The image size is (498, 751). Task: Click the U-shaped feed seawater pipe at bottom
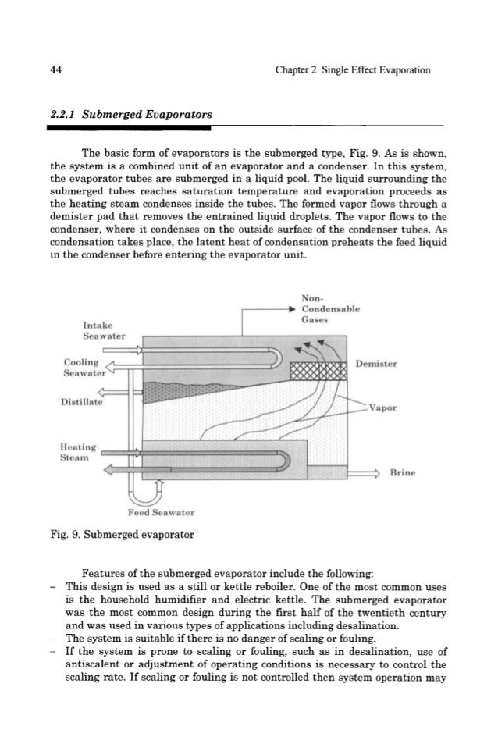141,492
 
